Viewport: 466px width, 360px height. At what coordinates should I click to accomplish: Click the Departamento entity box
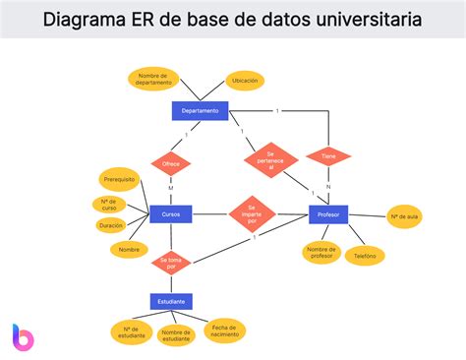[x=200, y=111]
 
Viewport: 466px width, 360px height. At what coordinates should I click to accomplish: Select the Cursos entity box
[x=170, y=213]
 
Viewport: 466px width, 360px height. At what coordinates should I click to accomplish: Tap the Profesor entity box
[x=328, y=213]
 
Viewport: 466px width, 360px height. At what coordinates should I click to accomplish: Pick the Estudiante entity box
[x=171, y=301]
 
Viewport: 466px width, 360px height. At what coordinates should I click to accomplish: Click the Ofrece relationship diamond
[x=171, y=163]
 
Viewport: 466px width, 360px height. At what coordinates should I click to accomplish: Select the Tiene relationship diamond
[x=327, y=155]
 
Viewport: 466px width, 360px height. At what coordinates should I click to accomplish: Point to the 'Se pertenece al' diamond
[x=270, y=160]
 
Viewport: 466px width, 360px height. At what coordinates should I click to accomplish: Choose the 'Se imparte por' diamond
[x=252, y=212]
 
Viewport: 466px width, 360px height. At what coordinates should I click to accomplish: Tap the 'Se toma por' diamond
[x=171, y=263]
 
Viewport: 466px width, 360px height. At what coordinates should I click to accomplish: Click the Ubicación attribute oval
[x=246, y=81]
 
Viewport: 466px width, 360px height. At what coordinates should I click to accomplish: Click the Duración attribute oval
[x=110, y=225]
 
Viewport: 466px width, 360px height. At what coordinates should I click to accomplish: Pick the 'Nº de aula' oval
[x=404, y=216]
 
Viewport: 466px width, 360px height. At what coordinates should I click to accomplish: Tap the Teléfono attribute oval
[x=365, y=255]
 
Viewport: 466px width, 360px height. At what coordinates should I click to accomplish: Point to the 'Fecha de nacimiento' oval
[x=224, y=330]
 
